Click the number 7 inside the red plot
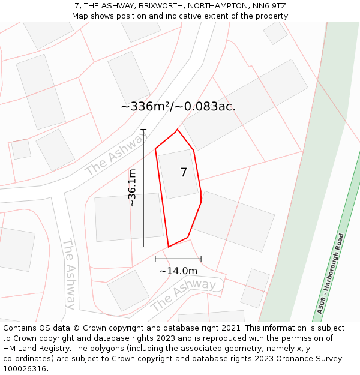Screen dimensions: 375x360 point(184,173)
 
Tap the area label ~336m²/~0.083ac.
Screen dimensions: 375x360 point(178,107)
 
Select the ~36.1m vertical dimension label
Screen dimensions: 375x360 point(133,188)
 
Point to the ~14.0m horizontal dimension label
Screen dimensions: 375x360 point(178,271)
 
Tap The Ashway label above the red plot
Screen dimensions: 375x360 point(116,155)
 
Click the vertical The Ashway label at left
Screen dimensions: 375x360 point(69,274)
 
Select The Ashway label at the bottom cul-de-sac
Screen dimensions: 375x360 point(183,295)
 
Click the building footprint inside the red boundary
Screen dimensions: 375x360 point(178,174)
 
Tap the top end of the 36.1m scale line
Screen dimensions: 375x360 point(143,129)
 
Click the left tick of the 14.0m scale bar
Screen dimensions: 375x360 point(155,259)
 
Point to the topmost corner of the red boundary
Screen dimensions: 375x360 point(177,129)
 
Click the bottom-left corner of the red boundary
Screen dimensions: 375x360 point(169,247)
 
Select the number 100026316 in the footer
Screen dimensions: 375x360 point(24,369)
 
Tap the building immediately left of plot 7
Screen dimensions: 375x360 point(128,217)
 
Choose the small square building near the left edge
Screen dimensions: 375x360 point(21,149)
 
